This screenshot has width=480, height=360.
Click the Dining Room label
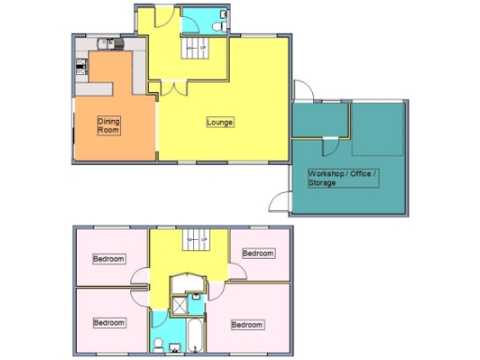click(x=111, y=125)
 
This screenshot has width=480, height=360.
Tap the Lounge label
click(x=220, y=122)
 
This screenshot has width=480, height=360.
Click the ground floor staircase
click(x=196, y=47)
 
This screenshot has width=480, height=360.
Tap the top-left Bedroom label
click(x=109, y=259)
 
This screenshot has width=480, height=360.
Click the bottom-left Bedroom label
click(x=109, y=322)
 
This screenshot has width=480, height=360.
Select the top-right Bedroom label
click(x=258, y=253)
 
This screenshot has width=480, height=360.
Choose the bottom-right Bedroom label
click(x=247, y=324)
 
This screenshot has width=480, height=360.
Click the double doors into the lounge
click(x=172, y=90)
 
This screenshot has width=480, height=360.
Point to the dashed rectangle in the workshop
click(x=379, y=130)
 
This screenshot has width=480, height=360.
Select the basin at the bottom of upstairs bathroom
click(x=173, y=349)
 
